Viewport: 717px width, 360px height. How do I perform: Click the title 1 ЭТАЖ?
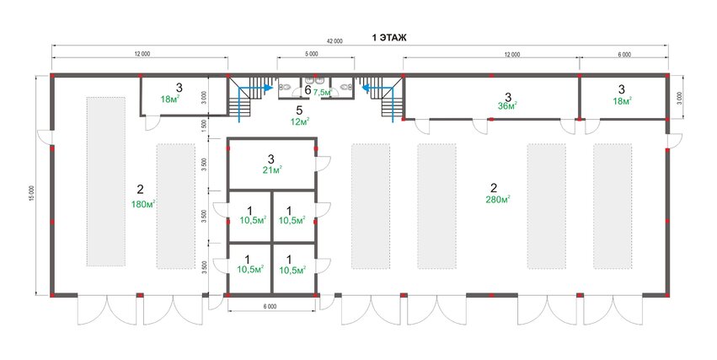tap(388, 38)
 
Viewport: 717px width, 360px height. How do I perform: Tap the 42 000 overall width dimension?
tap(334, 40)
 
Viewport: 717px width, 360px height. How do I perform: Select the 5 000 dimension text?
tap(311, 54)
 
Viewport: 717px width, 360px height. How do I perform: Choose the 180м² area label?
tap(143, 204)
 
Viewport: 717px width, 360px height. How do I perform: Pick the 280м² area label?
tap(497, 199)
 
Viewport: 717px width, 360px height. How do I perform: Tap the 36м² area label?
tap(507, 106)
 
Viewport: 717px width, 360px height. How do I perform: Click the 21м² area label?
tap(271, 170)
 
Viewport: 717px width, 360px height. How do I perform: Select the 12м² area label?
tap(300, 121)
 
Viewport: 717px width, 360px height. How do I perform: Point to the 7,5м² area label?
tap(322, 92)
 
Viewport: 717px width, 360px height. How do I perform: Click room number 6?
tap(308, 90)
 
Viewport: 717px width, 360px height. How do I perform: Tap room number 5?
tap(299, 110)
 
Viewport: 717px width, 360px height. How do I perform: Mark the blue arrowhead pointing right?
tap(269, 87)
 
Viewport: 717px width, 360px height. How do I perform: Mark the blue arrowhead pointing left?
tap(366, 87)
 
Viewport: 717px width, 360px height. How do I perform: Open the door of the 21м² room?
tap(324, 164)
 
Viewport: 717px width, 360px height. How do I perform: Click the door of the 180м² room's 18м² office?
tap(152, 123)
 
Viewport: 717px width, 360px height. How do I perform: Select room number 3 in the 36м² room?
tap(507, 97)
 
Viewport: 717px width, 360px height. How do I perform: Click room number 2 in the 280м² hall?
tap(494, 187)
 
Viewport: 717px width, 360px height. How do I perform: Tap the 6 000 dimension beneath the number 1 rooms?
tap(270, 307)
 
